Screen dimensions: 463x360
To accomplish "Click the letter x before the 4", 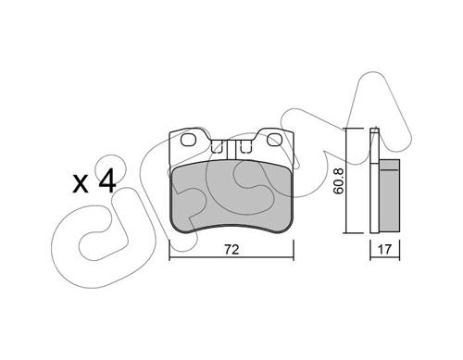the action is coord(81,185).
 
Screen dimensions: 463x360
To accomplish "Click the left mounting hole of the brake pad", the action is coord(188,140).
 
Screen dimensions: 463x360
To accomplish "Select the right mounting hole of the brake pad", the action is coord(274,140).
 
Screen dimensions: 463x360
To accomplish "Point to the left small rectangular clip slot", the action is coord(217,146).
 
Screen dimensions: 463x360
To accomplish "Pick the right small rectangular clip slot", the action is coord(246,146).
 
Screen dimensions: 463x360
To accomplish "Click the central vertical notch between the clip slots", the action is coord(231,150).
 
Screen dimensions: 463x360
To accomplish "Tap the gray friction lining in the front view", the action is coord(231,197).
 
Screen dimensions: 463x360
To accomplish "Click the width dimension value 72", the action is coord(231,250).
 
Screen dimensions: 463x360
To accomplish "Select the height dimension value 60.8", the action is coord(339,180).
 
